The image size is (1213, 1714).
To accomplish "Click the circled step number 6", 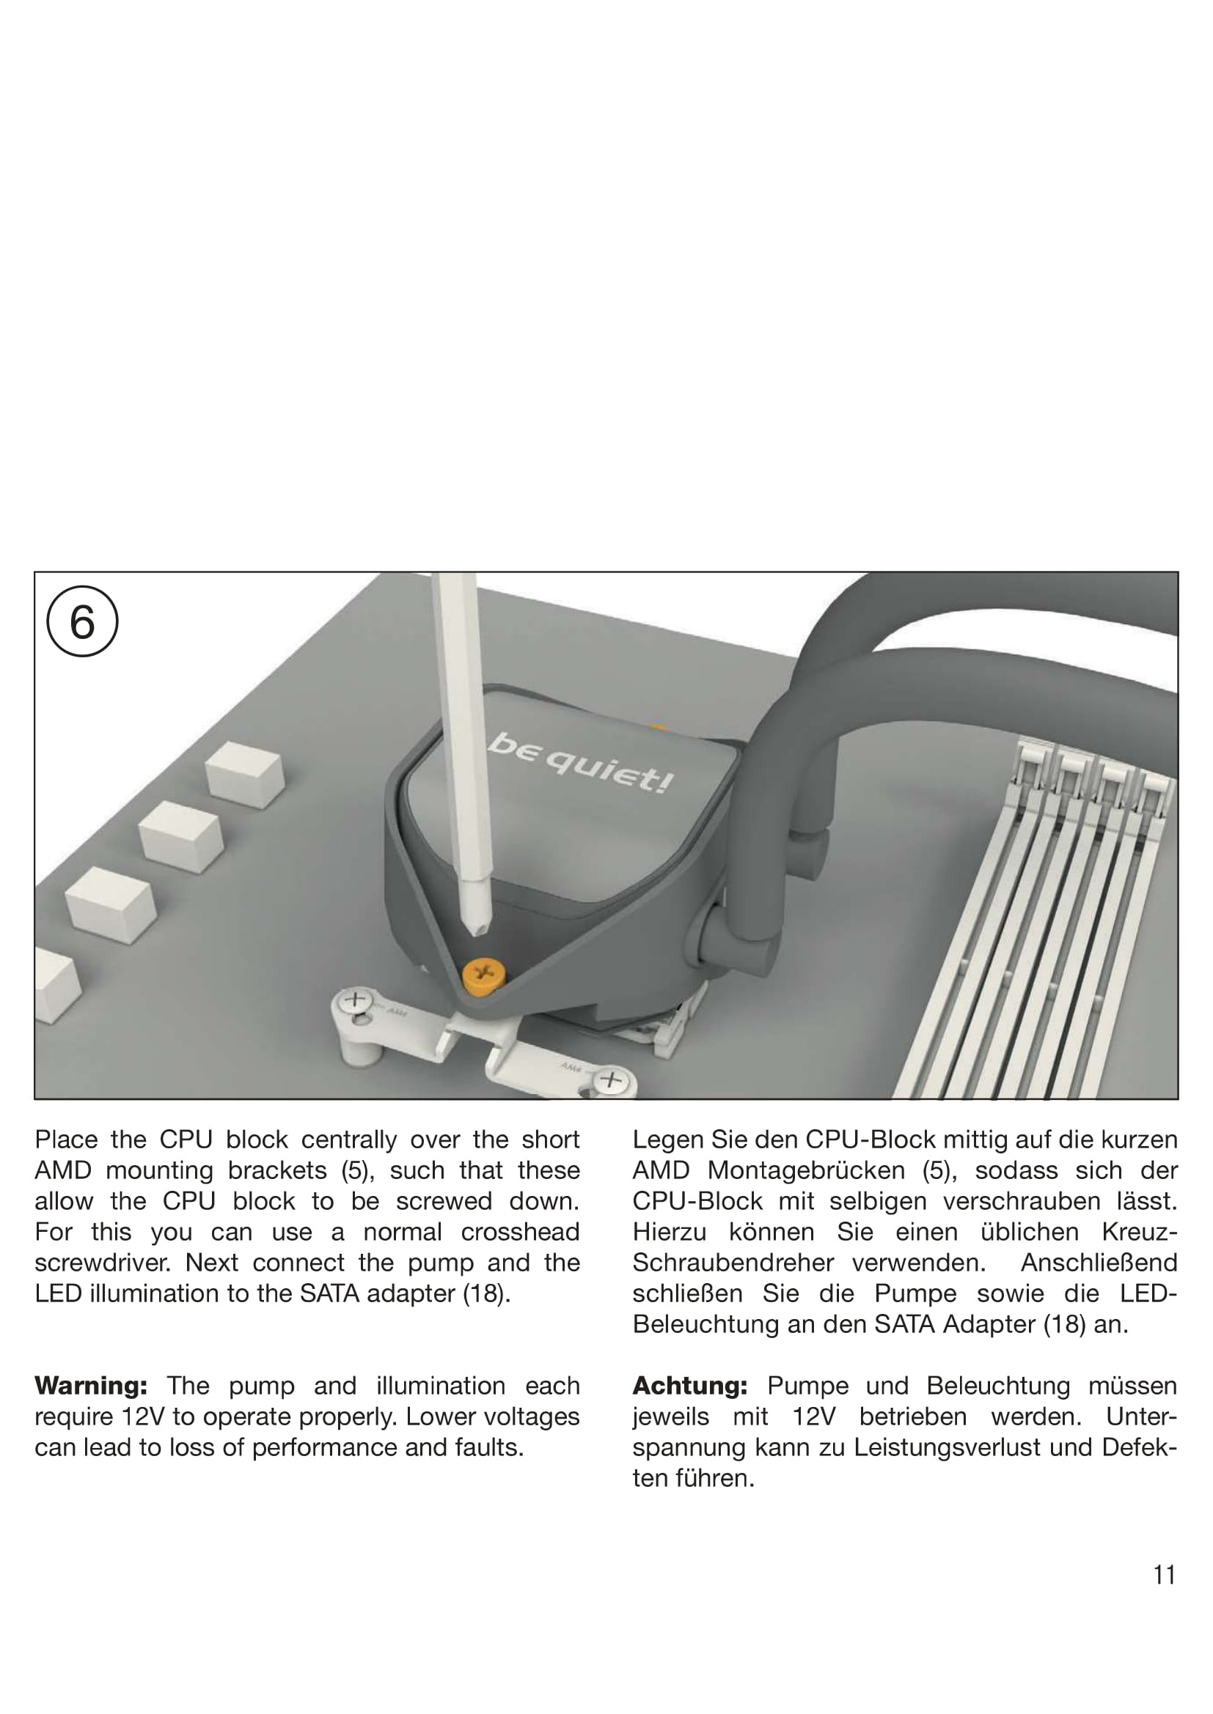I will pos(82,621).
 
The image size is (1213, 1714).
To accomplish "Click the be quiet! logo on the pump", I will pos(581,763).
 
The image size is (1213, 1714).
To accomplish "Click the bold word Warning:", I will pos(91,1386).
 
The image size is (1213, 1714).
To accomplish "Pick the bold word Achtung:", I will pos(689,1386).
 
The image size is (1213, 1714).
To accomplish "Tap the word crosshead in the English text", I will pos(520,1232).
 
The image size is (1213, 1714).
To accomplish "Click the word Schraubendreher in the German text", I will pos(733,1263).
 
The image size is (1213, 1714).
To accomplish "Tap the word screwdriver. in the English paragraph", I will pos(103,1263).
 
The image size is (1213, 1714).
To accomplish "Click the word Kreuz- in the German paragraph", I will pos(1139,1232).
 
